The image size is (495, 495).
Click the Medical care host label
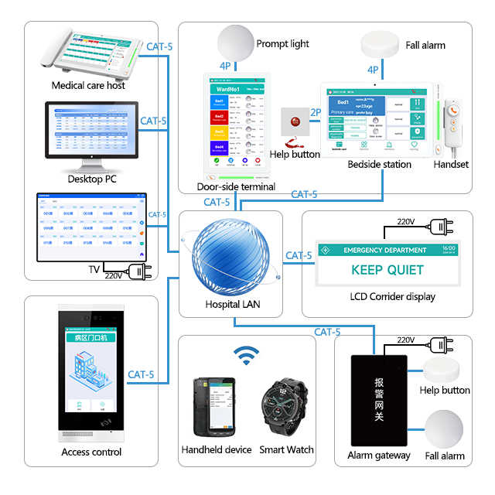coord(88,85)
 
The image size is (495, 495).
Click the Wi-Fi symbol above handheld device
coord(247,356)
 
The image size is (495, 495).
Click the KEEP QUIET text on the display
coord(387,270)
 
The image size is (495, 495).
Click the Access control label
coord(91,452)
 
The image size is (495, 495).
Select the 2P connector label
coord(315,113)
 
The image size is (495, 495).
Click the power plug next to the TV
coord(140,271)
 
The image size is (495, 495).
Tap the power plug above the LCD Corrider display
coord(442,227)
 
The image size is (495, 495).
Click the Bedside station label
coord(379,164)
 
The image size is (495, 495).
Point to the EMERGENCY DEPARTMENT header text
coord(384,250)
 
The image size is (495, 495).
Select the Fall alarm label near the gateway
coord(445,456)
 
